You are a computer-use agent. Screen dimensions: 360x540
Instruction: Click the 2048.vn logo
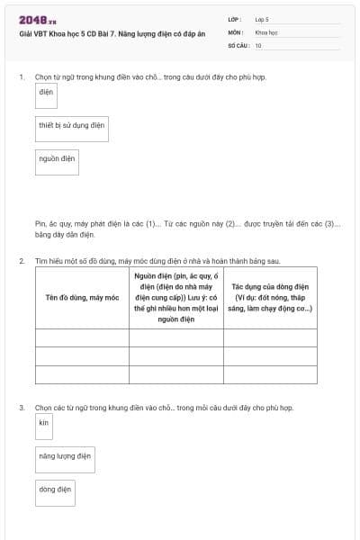(x=37, y=20)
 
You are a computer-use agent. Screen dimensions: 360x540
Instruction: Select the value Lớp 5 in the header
(x=262, y=19)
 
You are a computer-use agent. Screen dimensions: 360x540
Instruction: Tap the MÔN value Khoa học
(x=266, y=31)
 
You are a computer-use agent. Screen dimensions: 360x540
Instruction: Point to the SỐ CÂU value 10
(x=258, y=44)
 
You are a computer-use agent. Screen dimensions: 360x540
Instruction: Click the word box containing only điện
(x=47, y=93)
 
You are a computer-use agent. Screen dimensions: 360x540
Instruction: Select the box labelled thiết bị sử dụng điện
(x=72, y=126)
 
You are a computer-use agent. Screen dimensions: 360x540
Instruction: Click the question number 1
(x=21, y=77)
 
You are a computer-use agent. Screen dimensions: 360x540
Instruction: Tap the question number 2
(x=21, y=260)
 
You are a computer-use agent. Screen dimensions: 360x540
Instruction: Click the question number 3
(x=21, y=408)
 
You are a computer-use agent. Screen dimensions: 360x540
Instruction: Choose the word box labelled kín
(x=43, y=423)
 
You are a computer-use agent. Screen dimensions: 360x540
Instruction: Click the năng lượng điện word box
(x=65, y=457)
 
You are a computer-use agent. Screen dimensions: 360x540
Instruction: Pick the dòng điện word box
(x=55, y=490)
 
